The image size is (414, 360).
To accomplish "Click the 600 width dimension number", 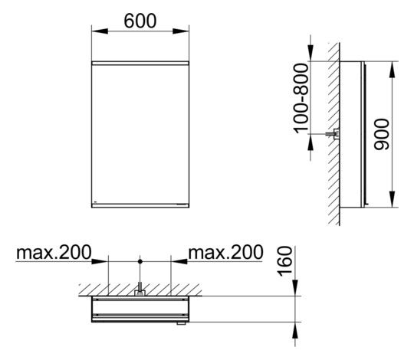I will (x=140, y=21).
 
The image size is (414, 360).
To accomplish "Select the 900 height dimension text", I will (x=383, y=135).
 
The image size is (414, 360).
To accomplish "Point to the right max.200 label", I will (x=225, y=251).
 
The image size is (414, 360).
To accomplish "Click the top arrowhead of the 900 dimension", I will (x=393, y=65).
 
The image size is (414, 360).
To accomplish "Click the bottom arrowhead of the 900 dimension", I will (x=393, y=205).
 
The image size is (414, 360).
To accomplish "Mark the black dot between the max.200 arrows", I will (x=140, y=262).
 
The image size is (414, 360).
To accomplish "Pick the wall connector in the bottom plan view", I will (x=140, y=291).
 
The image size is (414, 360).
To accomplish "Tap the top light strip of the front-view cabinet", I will (x=140, y=61).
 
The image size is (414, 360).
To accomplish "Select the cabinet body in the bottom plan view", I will (x=140, y=310).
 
